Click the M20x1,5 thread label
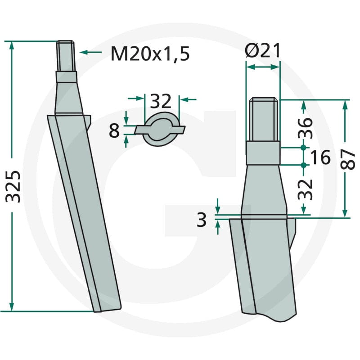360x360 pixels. click(150, 54)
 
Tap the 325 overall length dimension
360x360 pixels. click(13, 186)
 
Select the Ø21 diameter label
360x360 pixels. click(263, 50)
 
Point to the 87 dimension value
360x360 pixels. click(347, 159)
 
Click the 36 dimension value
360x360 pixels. click(305, 128)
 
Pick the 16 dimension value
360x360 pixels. click(320, 157)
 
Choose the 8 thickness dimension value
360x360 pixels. click(114, 130)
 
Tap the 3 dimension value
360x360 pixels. click(202, 220)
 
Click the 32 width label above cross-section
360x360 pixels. click(161, 101)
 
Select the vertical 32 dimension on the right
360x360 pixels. click(305, 189)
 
